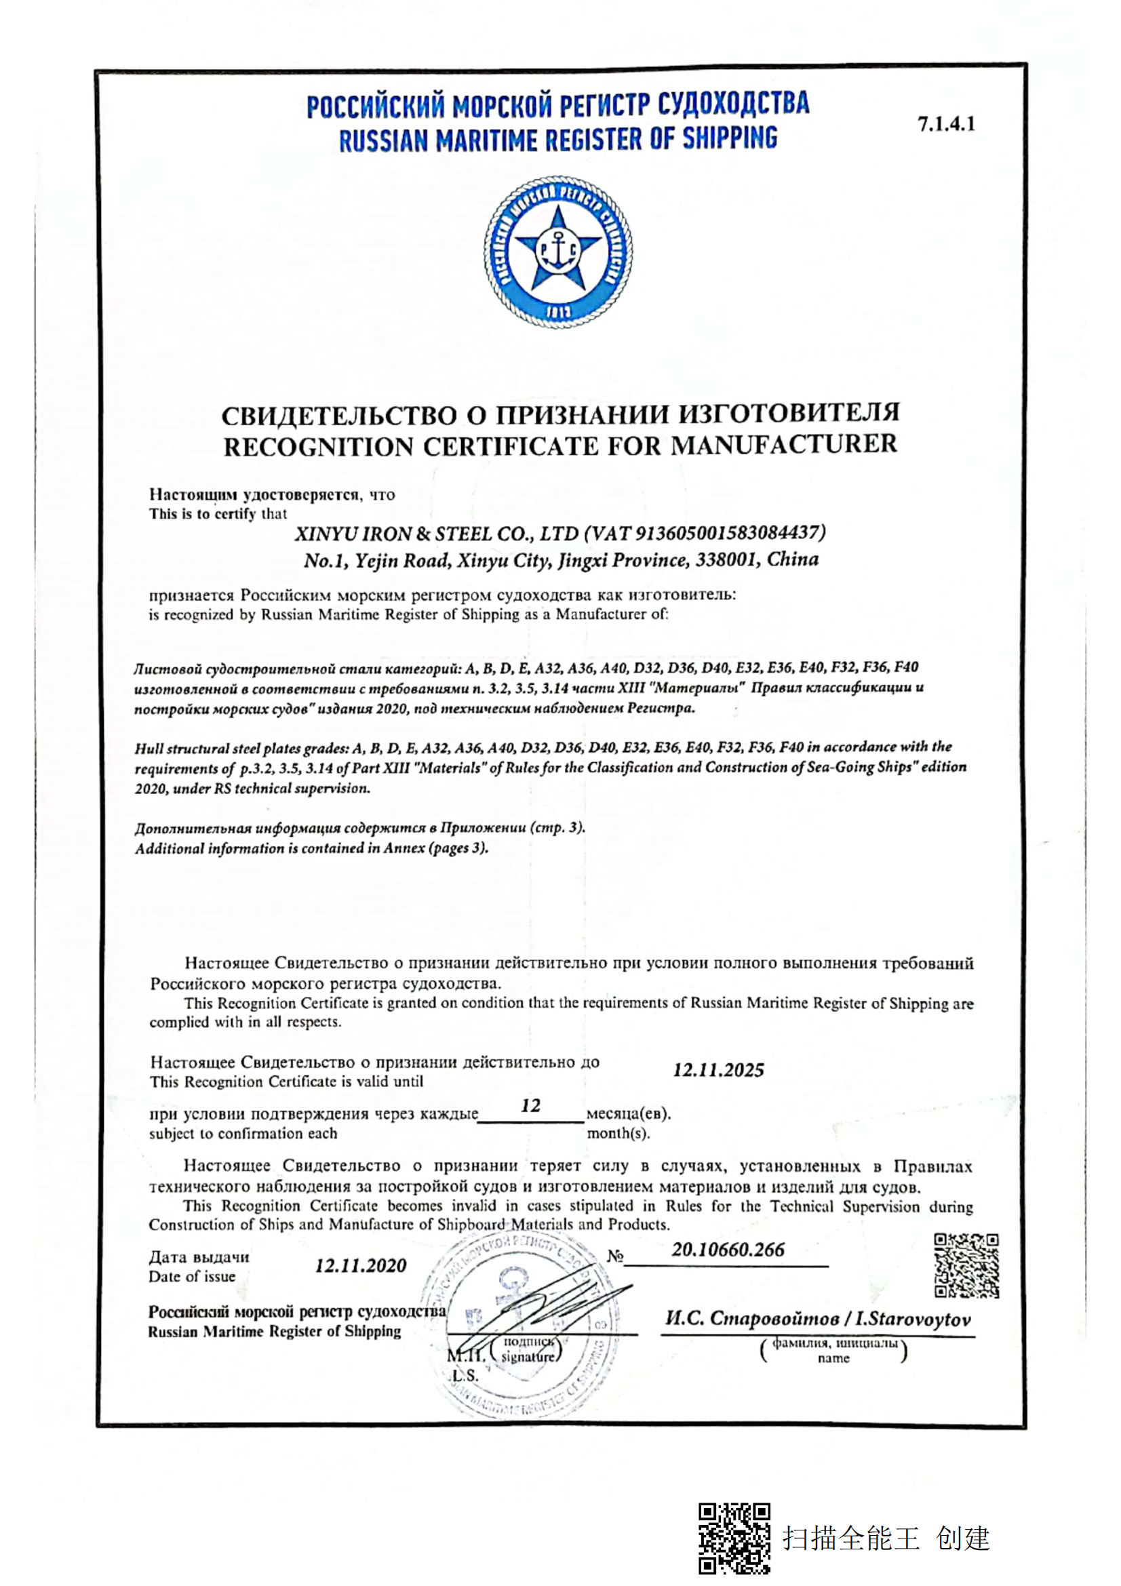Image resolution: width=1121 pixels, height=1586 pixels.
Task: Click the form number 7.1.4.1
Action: (945, 124)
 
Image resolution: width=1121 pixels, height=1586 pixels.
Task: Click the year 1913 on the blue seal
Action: (558, 312)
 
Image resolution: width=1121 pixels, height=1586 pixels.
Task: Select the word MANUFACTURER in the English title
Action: (784, 444)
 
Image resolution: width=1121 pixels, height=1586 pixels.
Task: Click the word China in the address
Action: (793, 559)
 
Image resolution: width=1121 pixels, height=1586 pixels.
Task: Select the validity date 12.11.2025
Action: (718, 1070)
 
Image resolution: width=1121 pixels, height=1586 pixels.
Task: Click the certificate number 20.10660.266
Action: (728, 1250)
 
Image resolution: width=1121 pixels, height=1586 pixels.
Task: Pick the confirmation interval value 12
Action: (530, 1106)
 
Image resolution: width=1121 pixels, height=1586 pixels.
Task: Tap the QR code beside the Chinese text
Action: (734, 1538)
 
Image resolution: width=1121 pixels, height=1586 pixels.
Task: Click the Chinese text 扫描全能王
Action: (851, 1539)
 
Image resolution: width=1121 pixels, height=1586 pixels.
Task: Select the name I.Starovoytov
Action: (913, 1320)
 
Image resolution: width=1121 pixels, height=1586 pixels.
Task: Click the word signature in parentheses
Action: (528, 1357)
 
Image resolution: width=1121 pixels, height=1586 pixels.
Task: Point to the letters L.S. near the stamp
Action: (465, 1375)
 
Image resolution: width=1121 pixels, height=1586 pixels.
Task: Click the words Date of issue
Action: (192, 1277)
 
